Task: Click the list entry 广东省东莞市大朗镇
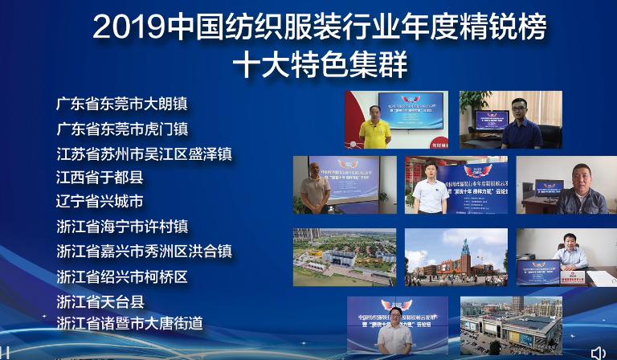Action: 126,104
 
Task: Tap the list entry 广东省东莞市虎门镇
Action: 126,129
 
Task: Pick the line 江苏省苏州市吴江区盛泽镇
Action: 144,153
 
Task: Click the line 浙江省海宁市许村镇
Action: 126,227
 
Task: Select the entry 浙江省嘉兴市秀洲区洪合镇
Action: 144,252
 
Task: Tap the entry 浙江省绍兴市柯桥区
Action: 121,276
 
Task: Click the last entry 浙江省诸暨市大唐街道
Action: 129,323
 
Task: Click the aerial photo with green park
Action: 344,257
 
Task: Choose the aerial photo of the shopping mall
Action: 510,325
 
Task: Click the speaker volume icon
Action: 598,353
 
